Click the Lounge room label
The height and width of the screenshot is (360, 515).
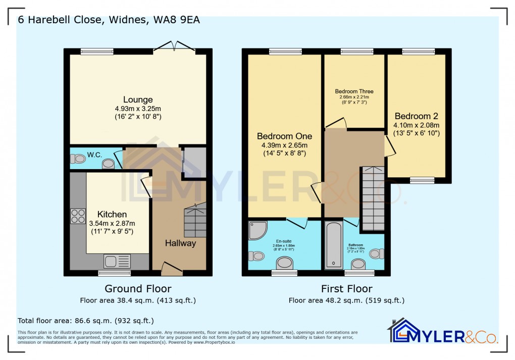[x=138, y=99]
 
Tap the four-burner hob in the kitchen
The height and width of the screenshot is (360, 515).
[x=78, y=216]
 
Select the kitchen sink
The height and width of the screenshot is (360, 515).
[x=117, y=261]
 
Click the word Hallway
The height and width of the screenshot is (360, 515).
[x=180, y=243]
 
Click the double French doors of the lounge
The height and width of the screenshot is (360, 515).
[x=174, y=47]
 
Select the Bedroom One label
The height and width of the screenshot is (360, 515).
[x=284, y=136]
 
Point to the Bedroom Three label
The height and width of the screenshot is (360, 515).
[x=354, y=91]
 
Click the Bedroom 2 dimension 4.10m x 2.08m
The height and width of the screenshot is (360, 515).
[x=417, y=125]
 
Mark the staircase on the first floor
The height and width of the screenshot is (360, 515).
[x=374, y=199]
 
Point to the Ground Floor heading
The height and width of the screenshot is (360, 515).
[x=138, y=289]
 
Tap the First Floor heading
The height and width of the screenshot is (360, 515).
[x=346, y=289]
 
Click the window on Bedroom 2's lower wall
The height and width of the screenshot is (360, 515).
[x=422, y=180]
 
